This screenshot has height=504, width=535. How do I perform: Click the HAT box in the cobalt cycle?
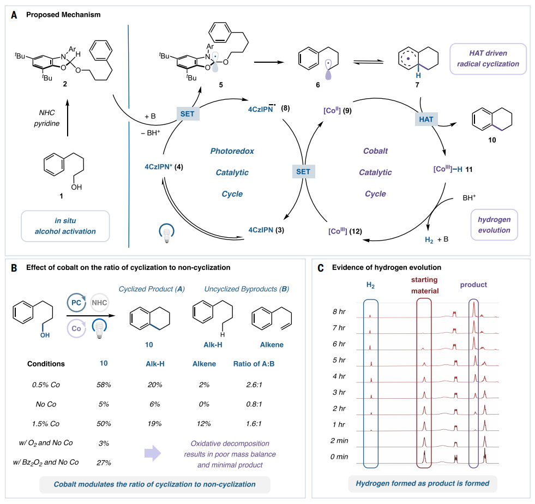(426, 119)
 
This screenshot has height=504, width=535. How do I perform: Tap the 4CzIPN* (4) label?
(164, 167)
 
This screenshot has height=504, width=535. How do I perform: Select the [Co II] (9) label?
(338, 110)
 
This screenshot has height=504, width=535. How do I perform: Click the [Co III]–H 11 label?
(453, 169)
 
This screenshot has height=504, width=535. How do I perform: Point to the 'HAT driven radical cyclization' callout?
(488, 59)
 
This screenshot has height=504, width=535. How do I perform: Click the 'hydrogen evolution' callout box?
(494, 225)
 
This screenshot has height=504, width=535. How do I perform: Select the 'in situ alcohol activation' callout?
(65, 226)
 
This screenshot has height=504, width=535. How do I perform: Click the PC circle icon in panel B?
(76, 302)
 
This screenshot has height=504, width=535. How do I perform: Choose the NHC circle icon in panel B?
(99, 302)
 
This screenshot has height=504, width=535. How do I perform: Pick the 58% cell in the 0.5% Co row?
(104, 385)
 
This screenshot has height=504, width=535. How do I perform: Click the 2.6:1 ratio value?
(254, 385)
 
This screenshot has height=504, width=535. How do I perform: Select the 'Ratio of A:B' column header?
(254, 364)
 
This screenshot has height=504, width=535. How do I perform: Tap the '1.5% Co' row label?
(46, 424)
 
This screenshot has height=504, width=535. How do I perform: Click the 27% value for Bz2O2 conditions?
(104, 463)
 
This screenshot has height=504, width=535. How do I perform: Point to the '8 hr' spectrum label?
(339, 311)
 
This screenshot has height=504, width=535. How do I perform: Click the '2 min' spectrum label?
(339, 441)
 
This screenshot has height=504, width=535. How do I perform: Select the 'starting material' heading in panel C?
(424, 285)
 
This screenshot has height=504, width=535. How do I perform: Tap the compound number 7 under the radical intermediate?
(417, 85)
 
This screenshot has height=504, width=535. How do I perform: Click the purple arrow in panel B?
(153, 453)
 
